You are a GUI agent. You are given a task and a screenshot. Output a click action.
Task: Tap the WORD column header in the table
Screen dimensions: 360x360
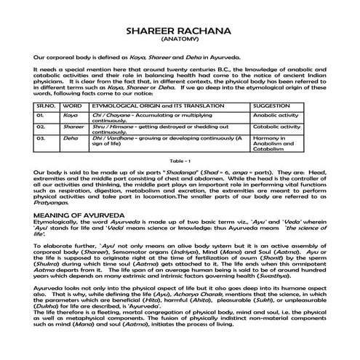click(73, 105)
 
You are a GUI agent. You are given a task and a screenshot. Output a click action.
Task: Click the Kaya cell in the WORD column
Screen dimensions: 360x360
click(70, 115)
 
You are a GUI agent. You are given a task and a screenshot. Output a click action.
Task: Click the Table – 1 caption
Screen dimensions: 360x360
click(180, 159)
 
